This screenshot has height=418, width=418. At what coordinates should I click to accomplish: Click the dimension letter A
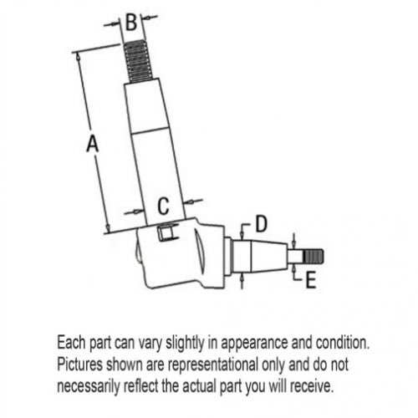[92, 143]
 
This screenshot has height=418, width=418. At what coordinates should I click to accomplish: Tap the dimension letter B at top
[131, 22]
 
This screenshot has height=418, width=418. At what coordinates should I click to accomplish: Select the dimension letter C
[163, 206]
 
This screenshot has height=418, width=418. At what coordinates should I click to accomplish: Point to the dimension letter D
[262, 223]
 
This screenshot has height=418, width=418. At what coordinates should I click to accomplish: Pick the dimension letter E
[311, 280]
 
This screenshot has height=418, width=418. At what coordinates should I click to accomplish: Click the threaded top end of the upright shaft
[138, 61]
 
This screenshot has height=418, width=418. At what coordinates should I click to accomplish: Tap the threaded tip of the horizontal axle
[313, 257]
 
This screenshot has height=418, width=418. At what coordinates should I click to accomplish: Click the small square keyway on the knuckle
[165, 232]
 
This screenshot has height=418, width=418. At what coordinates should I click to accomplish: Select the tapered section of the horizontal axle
[269, 257]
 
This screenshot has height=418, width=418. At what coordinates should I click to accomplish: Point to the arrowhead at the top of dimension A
[79, 57]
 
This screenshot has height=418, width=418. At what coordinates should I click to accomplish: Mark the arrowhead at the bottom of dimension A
[108, 227]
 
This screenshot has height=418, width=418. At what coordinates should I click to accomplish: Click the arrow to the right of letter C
[193, 201]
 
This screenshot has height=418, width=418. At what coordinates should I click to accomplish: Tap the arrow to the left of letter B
[113, 24]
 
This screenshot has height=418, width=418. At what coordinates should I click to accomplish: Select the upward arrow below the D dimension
[242, 281]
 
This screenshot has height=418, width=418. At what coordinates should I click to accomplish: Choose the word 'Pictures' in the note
[80, 364]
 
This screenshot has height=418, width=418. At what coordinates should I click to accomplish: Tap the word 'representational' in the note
[212, 364]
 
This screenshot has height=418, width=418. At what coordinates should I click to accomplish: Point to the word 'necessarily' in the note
[89, 387]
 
